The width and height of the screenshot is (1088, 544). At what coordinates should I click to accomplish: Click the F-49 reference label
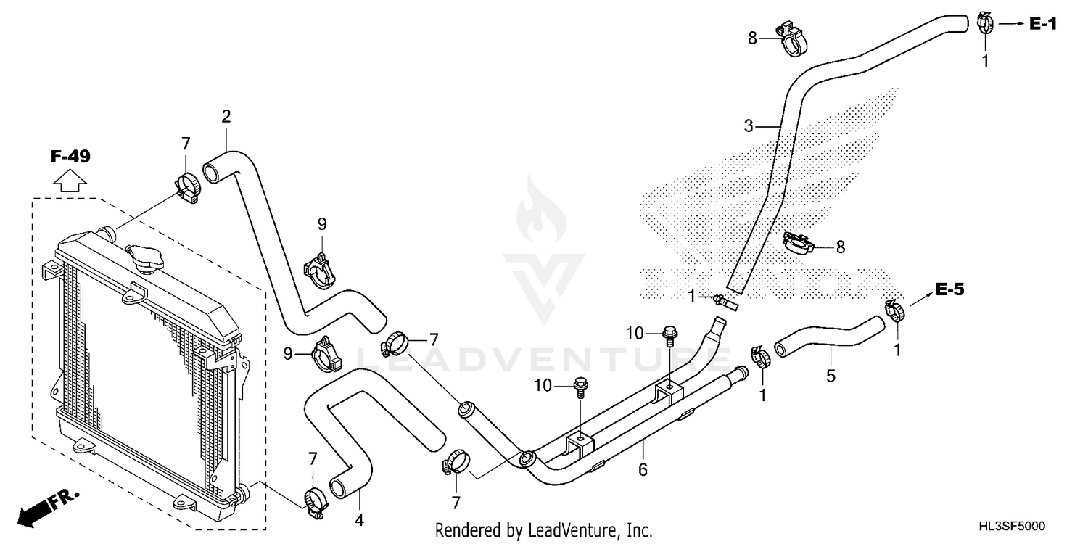point(70,156)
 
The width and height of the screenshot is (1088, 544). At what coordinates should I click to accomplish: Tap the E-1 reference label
point(1043,25)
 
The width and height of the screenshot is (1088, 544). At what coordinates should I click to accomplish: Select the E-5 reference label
point(949,290)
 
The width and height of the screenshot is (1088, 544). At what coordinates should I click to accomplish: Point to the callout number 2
point(226,116)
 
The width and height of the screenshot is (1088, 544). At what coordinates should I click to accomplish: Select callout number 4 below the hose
point(358,520)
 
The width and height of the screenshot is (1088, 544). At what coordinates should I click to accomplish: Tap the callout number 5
point(831,376)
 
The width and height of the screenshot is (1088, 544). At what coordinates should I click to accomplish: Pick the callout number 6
point(643,470)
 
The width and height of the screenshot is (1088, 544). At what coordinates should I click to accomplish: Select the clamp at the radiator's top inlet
point(188,186)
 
